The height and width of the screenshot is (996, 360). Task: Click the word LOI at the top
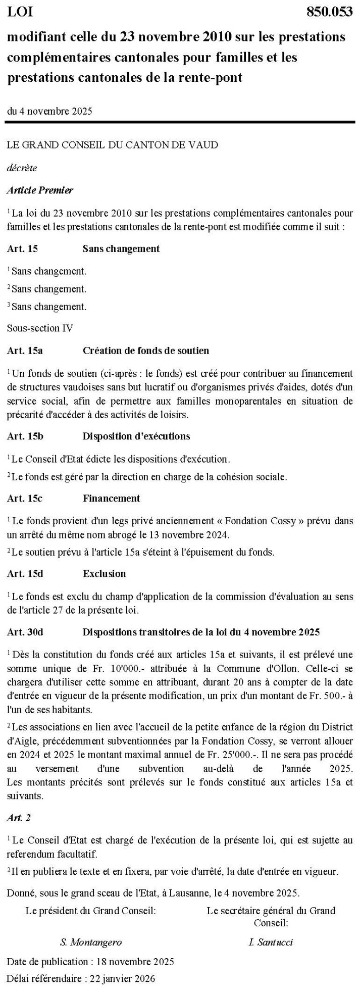(19, 13)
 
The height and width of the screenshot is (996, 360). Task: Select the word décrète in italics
(22, 168)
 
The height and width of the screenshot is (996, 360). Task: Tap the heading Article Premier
(40, 190)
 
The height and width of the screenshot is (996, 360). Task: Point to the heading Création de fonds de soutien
(145, 351)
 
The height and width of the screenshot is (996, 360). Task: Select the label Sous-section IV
(40, 328)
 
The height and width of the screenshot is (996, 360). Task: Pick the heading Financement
(111, 499)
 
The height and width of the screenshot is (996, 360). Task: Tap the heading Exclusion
(104, 574)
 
